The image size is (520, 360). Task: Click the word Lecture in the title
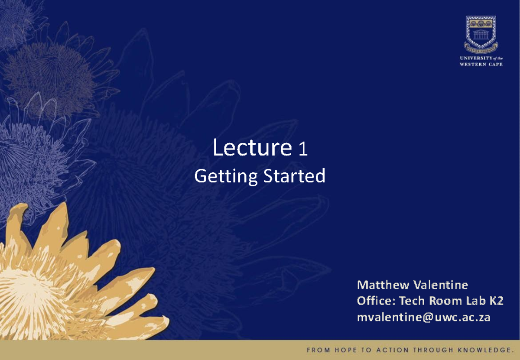click(252, 147)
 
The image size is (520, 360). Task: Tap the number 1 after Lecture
click(303, 149)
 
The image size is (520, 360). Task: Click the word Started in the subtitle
click(294, 175)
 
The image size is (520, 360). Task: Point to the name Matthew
click(383, 285)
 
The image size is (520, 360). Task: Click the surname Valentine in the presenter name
click(441, 285)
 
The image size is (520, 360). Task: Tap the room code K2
click(496, 301)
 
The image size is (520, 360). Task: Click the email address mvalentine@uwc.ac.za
click(424, 317)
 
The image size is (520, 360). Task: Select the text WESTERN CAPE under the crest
click(481, 64)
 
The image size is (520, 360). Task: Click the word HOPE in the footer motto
click(345, 350)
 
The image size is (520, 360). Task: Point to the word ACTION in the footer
click(392, 350)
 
